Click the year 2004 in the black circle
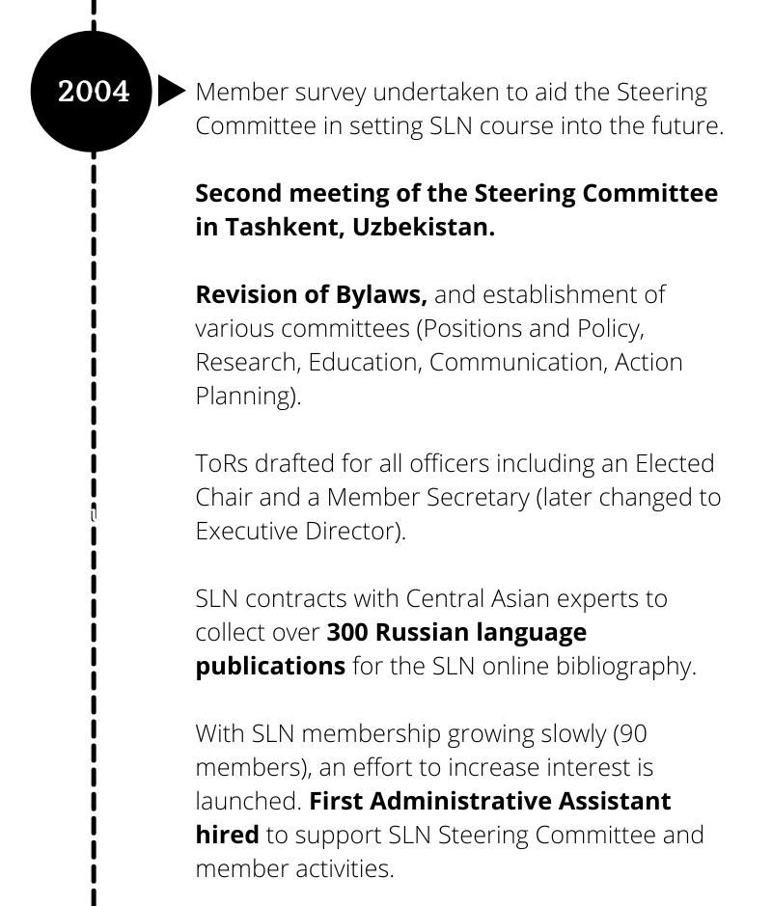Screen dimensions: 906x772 94,92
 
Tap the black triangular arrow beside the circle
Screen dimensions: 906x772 170,93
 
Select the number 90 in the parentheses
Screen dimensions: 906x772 632,733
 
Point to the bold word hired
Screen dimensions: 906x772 227,835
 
